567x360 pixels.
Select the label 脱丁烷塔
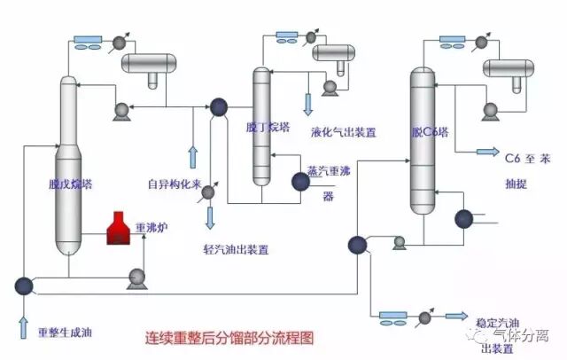(x=268, y=127)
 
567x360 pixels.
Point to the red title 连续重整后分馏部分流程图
(x=229, y=338)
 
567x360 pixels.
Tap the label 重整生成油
(x=66, y=333)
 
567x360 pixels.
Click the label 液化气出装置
(x=344, y=133)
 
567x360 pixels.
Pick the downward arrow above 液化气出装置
(x=307, y=103)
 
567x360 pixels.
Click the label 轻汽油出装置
(x=237, y=249)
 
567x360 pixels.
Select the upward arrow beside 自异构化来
(x=193, y=157)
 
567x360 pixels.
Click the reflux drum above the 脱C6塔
(x=507, y=69)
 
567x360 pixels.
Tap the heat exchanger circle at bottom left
(x=23, y=286)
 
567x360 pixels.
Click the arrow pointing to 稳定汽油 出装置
(x=456, y=316)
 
